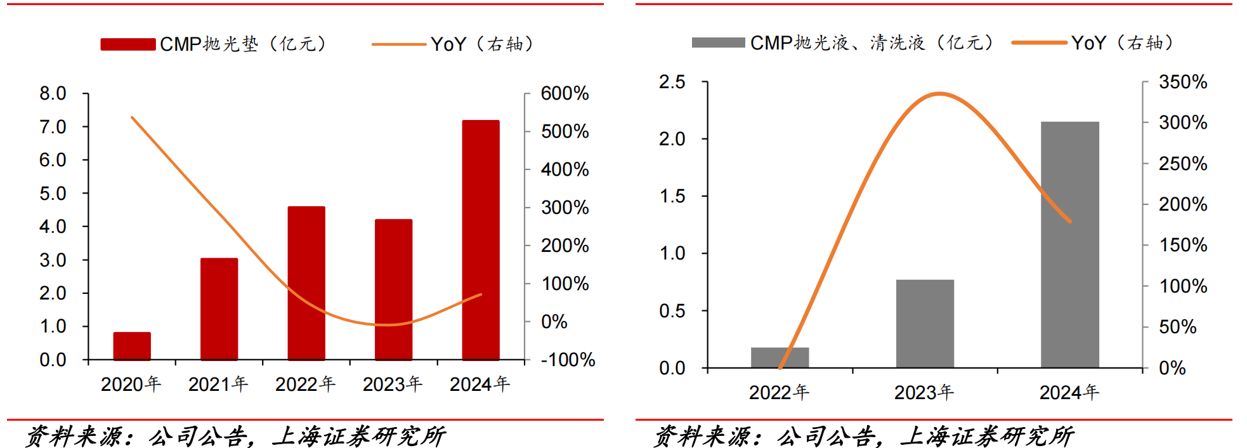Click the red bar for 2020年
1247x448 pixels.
click(132, 346)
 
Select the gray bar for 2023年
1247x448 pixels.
click(925, 324)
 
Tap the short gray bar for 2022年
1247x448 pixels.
click(780, 357)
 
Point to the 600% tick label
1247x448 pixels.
click(565, 93)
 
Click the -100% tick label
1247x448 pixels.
click(568, 360)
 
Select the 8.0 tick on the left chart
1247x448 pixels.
click(53, 93)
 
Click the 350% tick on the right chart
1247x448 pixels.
click(1183, 82)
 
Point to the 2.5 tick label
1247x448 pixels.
click(672, 82)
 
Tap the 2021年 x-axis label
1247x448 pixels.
click(218, 384)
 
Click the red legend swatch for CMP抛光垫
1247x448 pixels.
click(128, 44)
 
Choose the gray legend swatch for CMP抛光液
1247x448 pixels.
click(718, 43)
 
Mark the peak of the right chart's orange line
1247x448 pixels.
click(939, 94)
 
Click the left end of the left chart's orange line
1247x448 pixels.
click(132, 117)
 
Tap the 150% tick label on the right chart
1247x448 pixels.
click(1183, 245)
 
